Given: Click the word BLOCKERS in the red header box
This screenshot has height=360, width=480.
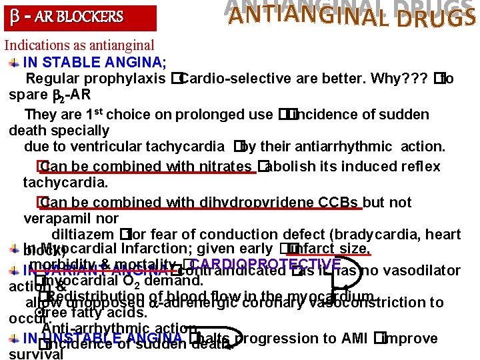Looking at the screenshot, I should [x=91, y=17].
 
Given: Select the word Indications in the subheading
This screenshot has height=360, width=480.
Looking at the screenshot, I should [x=37, y=46].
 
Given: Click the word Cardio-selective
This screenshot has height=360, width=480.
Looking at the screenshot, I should [x=227, y=79].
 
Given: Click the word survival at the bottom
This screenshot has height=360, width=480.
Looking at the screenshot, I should [x=36, y=354].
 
